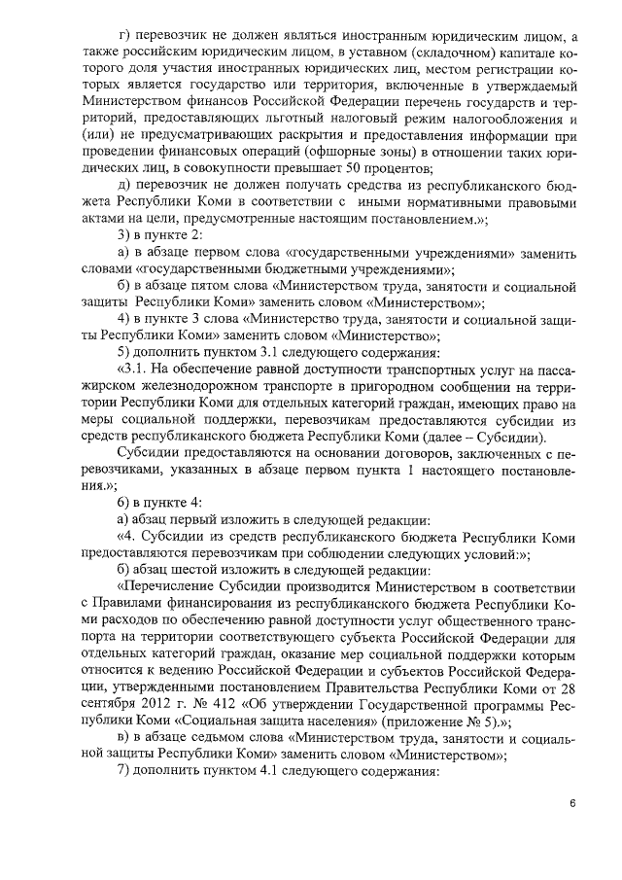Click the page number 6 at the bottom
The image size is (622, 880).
click(x=573, y=803)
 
